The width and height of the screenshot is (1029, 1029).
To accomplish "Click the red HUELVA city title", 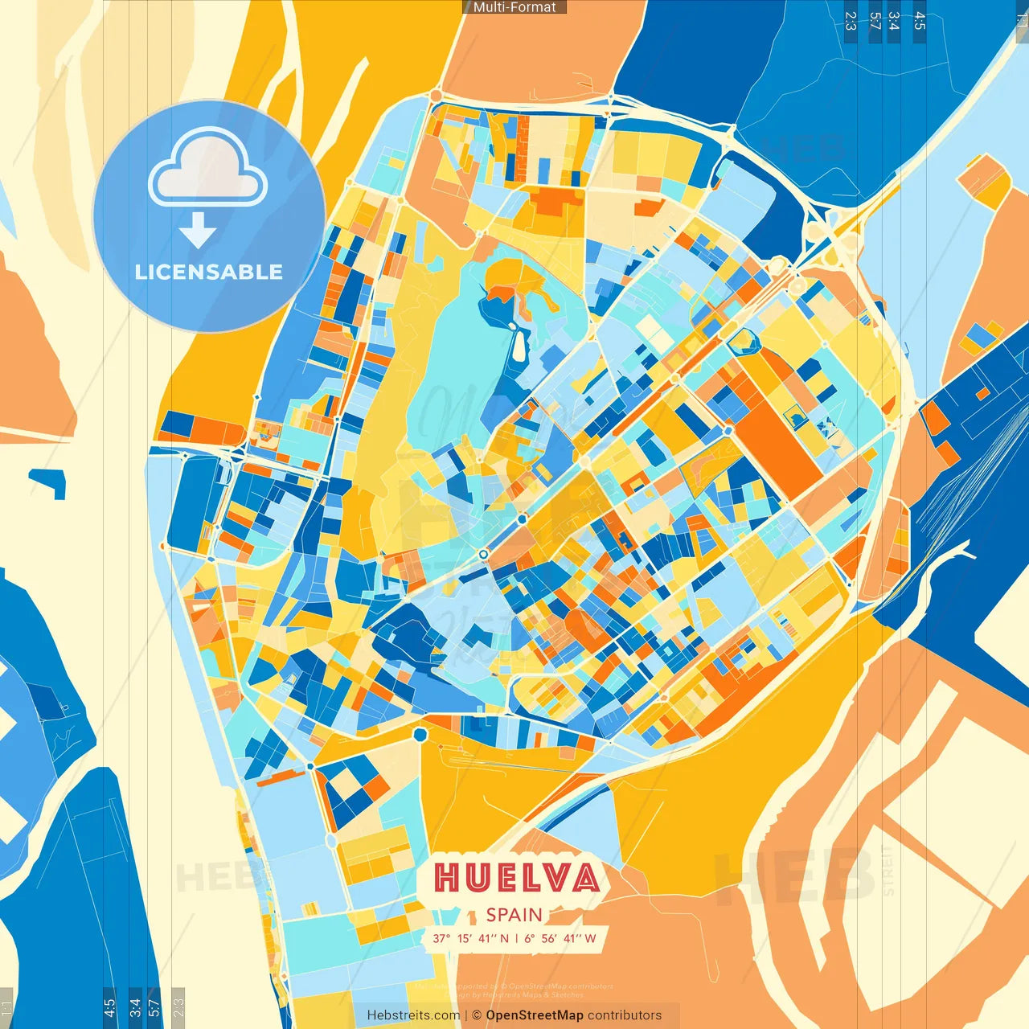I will coord(517,877).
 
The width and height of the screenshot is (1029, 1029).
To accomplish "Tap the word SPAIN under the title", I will coord(514,915).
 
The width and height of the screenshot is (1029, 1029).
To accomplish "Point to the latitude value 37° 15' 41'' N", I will coord(470,938).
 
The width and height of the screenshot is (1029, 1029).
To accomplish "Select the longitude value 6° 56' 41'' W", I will coord(560,938).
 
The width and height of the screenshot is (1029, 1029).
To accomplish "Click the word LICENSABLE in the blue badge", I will coord(209,272).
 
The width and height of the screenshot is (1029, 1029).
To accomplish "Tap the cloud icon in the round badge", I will coord(207,166).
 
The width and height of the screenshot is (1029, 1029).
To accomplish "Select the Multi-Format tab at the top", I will coord(514,7).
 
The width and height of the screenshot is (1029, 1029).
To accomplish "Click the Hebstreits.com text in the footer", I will coord(413,1015).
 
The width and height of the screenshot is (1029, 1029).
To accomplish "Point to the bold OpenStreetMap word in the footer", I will coord(535,1015).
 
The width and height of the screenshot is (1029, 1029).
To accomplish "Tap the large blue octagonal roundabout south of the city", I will coord(420,734).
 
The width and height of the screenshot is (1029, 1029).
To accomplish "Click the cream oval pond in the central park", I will coord(519,347).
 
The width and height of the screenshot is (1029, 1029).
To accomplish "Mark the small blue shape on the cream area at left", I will coord(49,482).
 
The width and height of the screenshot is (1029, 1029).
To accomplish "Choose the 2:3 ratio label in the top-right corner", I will coord(851,21).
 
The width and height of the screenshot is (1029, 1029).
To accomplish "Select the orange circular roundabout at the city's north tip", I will coord(436,96).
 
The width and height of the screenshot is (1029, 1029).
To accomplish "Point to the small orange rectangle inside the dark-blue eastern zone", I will coord(982,393).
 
